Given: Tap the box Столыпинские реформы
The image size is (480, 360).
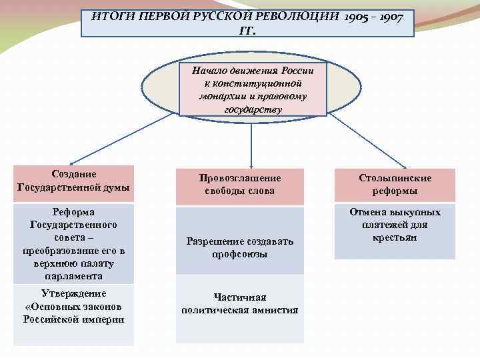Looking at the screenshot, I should click(395, 185).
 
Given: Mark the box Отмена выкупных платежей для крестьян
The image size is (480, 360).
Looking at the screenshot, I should click(395, 231).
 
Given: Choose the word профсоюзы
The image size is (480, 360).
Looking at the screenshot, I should click(240, 255).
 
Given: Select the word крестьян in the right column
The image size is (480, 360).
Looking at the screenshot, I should click(395, 238).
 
